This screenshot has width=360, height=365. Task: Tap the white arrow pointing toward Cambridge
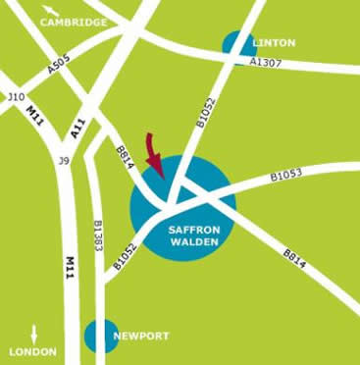[47, 16]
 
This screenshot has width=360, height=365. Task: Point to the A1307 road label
[265, 62]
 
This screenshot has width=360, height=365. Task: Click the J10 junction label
[15, 97]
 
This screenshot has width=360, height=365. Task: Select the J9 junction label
[65, 160]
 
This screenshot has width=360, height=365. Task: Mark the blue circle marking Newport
[99, 336]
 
